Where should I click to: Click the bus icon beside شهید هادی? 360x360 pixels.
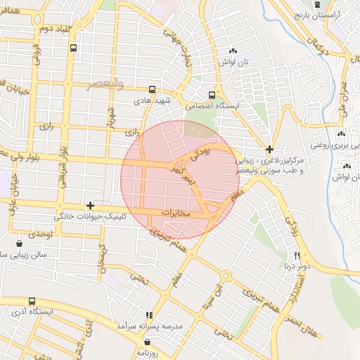pos(153,89)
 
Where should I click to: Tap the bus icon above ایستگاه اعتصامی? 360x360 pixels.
pos(212,95)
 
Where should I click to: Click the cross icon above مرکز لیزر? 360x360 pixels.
pos(269,148)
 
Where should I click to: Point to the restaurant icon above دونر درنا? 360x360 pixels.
pos(297,255)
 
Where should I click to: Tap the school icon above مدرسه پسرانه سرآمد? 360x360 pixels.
pos(148,316)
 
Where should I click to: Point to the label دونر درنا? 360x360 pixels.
pos(297,267)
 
